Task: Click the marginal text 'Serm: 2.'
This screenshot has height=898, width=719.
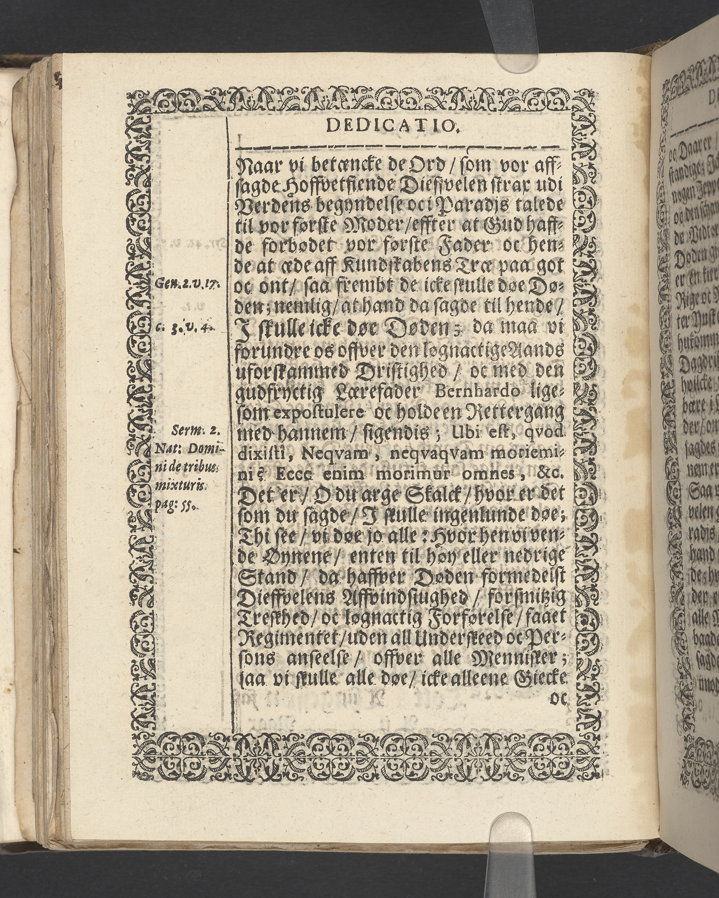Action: [198, 431]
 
